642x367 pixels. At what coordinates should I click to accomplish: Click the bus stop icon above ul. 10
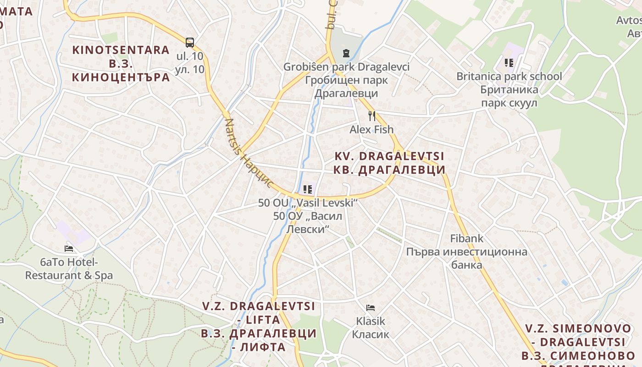[190, 42]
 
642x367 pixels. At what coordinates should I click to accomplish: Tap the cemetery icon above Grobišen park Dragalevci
[346, 53]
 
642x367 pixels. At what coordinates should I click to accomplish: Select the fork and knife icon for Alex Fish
[372, 116]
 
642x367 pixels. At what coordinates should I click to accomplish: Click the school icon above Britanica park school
[509, 62]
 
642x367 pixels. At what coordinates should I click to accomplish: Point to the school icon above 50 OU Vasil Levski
[308, 189]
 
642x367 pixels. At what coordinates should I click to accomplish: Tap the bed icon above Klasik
[371, 307]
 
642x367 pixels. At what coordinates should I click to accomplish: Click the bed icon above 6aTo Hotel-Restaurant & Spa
[69, 249]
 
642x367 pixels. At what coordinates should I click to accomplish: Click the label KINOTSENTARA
[121, 50]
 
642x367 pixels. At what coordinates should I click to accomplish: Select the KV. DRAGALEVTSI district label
[390, 156]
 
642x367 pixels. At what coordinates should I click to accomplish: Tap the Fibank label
[467, 239]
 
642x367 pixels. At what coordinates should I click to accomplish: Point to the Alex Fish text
[371, 129]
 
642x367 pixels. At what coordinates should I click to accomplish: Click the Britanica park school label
[509, 76]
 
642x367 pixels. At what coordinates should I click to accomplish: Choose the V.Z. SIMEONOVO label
[578, 328]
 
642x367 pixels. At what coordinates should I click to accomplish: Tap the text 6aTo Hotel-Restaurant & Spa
[69, 269]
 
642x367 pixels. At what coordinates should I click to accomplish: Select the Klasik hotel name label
[371, 321]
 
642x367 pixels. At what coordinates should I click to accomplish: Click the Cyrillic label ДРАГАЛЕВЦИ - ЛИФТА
[259, 340]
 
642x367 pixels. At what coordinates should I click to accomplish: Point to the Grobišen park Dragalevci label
[346, 67]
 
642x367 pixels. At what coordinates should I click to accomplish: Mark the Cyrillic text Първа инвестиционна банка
[467, 258]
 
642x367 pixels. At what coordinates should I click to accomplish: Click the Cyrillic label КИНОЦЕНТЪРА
[121, 77]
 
